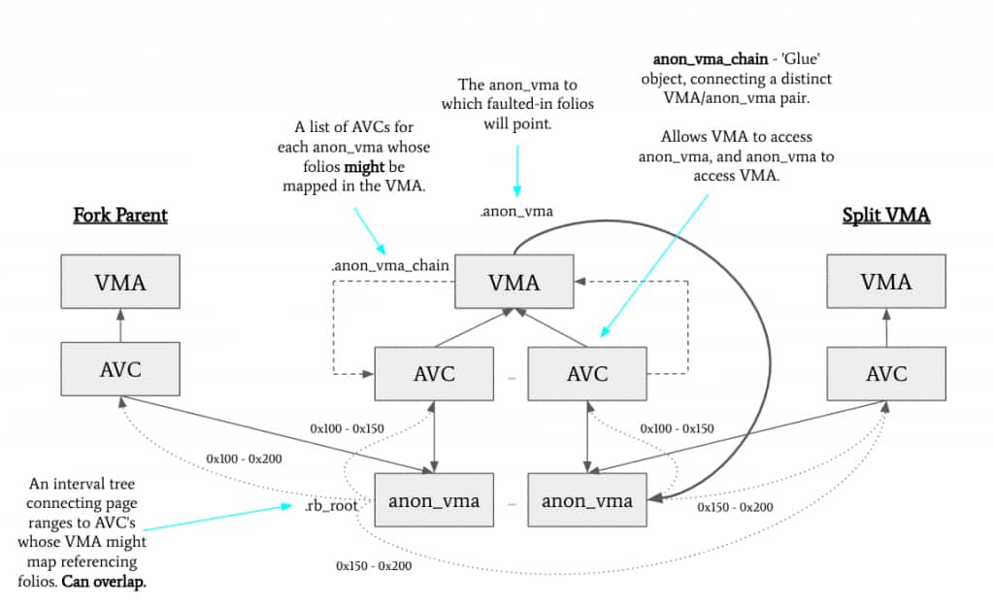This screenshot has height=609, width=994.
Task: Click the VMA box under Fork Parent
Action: coord(119,283)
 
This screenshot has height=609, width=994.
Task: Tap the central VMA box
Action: coord(514,283)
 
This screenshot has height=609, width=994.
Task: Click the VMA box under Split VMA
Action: coord(886,283)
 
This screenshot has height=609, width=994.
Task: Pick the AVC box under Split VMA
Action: coord(886,373)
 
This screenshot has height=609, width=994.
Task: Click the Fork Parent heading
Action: coord(120,215)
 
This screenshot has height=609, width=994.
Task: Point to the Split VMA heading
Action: coord(886,216)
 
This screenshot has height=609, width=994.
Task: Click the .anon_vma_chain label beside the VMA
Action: coord(389,266)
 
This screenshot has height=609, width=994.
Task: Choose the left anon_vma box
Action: coord(434,500)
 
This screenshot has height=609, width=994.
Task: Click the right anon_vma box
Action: coord(587,500)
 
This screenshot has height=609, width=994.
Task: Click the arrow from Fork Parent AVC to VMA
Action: coord(119,326)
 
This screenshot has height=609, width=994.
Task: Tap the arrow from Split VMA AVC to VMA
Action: coord(886,326)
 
